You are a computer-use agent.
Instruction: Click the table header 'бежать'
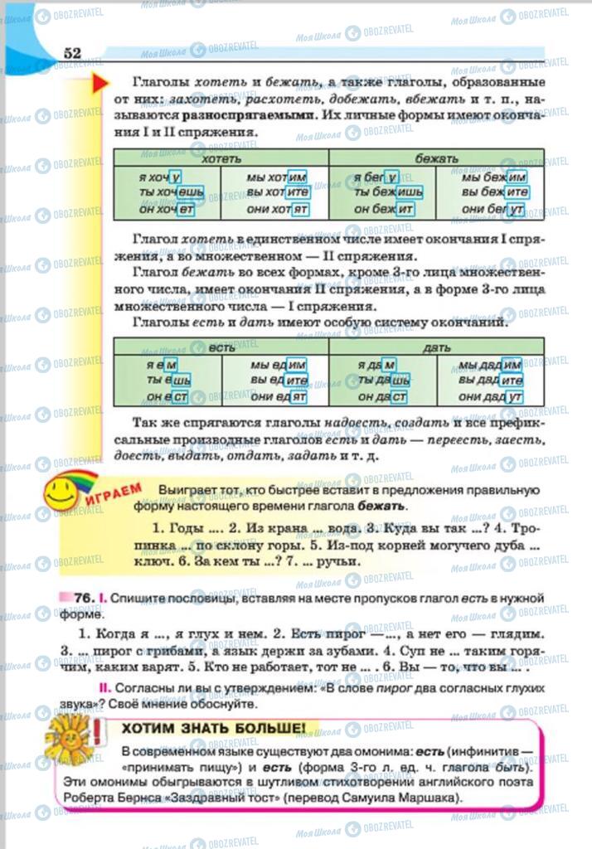tap(436, 158)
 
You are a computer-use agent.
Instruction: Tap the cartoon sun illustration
tap(67, 736)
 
